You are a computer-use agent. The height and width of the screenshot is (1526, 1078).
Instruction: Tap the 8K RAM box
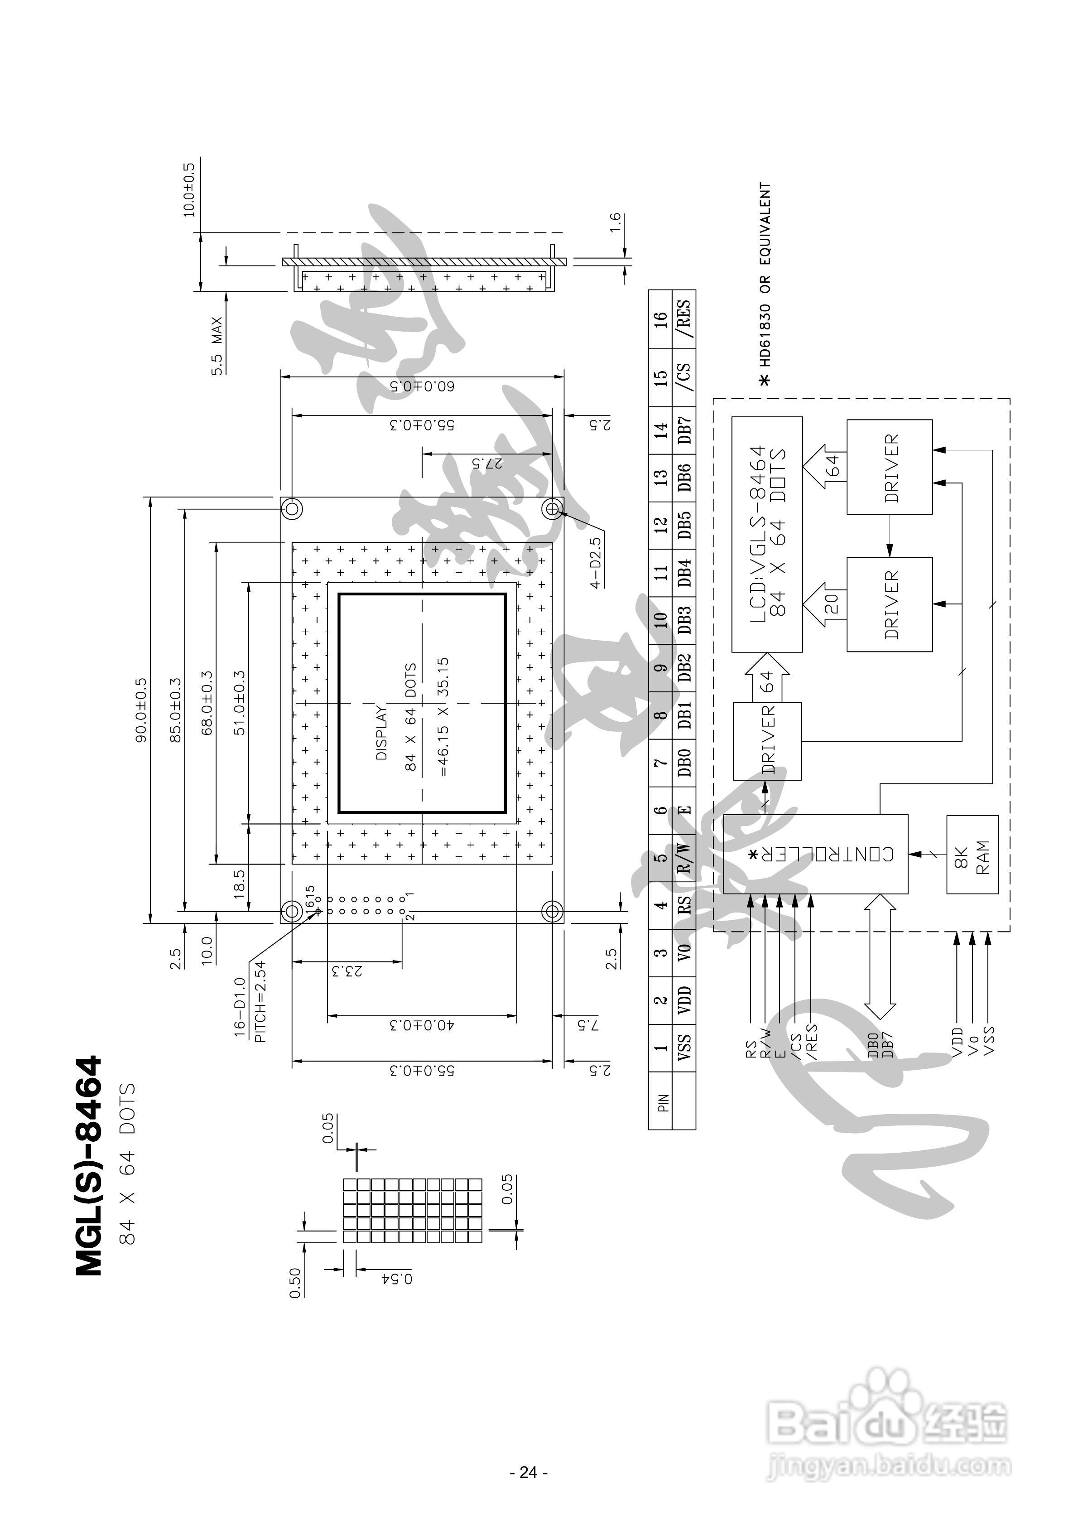tap(972, 854)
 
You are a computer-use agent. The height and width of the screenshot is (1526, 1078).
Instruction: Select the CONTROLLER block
tap(815, 854)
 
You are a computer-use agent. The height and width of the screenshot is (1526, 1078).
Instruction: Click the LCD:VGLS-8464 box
tap(767, 534)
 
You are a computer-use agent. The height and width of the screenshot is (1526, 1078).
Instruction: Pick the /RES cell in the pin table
tap(684, 319)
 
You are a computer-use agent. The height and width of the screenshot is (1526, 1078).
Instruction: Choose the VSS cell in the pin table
tap(684, 1048)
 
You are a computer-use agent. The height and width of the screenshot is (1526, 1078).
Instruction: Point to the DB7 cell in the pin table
tap(684, 431)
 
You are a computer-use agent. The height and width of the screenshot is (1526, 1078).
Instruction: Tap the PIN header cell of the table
tap(662, 1103)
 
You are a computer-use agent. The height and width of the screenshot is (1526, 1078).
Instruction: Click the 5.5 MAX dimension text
tap(217, 346)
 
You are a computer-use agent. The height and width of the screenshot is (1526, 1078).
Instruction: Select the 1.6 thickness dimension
tap(616, 222)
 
